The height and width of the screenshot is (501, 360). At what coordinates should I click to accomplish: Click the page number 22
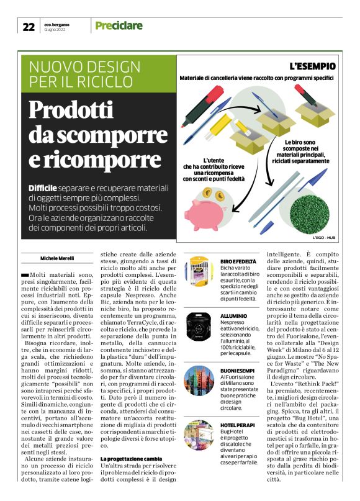pos(29,26)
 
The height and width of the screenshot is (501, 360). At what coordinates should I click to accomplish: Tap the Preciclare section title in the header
pos(119,25)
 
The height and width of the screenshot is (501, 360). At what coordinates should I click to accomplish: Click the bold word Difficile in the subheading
pos(43,188)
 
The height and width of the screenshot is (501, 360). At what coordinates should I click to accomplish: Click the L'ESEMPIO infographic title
pos(313,66)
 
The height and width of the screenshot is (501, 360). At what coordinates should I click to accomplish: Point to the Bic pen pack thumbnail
pos(199,272)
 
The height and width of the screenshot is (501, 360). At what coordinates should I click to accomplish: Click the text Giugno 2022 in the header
pos(56,29)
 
